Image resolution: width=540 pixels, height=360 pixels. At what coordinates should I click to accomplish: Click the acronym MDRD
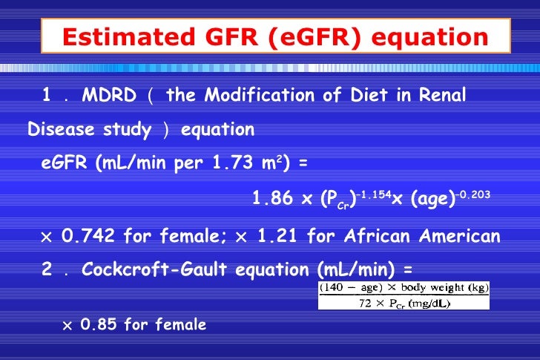[x=108, y=96]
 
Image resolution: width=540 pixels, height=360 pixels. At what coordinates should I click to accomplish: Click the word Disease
[x=61, y=131]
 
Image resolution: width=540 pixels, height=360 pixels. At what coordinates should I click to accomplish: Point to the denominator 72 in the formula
[x=362, y=303]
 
